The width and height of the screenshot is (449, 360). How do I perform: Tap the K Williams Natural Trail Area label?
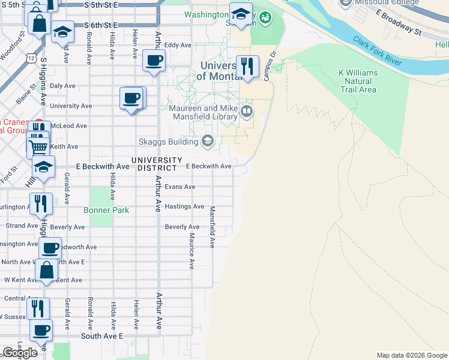[x=358, y=81]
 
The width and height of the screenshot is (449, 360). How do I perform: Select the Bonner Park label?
[x=106, y=211]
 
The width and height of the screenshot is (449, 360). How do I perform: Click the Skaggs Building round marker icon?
[x=208, y=142]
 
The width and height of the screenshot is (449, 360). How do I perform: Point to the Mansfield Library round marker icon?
[x=246, y=111]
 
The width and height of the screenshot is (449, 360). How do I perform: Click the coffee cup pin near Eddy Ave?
[x=154, y=61]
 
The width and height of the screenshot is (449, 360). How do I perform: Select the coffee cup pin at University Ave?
[x=131, y=98]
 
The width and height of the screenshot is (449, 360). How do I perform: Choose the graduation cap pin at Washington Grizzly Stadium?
[x=241, y=14]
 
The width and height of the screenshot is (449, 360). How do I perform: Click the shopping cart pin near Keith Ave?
[x=39, y=146]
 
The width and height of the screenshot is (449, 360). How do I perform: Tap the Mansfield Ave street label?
[x=212, y=227]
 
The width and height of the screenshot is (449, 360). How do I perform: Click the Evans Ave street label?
[x=180, y=187]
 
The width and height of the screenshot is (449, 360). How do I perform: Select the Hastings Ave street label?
[x=184, y=206]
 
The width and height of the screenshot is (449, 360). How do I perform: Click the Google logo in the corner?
[x=20, y=353]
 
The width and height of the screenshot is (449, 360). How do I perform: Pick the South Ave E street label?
[x=101, y=337]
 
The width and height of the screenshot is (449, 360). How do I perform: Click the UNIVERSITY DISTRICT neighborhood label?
[x=157, y=164]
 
